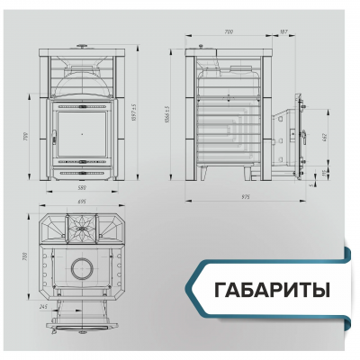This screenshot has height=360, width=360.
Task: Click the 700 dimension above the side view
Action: click(x=229, y=31)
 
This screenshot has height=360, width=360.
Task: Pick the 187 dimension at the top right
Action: click(x=284, y=31)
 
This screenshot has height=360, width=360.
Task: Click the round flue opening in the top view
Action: click(x=82, y=266)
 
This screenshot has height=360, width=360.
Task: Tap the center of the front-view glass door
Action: click(x=84, y=132)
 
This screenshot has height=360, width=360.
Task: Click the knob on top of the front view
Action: click(x=84, y=43)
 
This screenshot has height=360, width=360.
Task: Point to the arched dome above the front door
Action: click(x=84, y=85)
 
